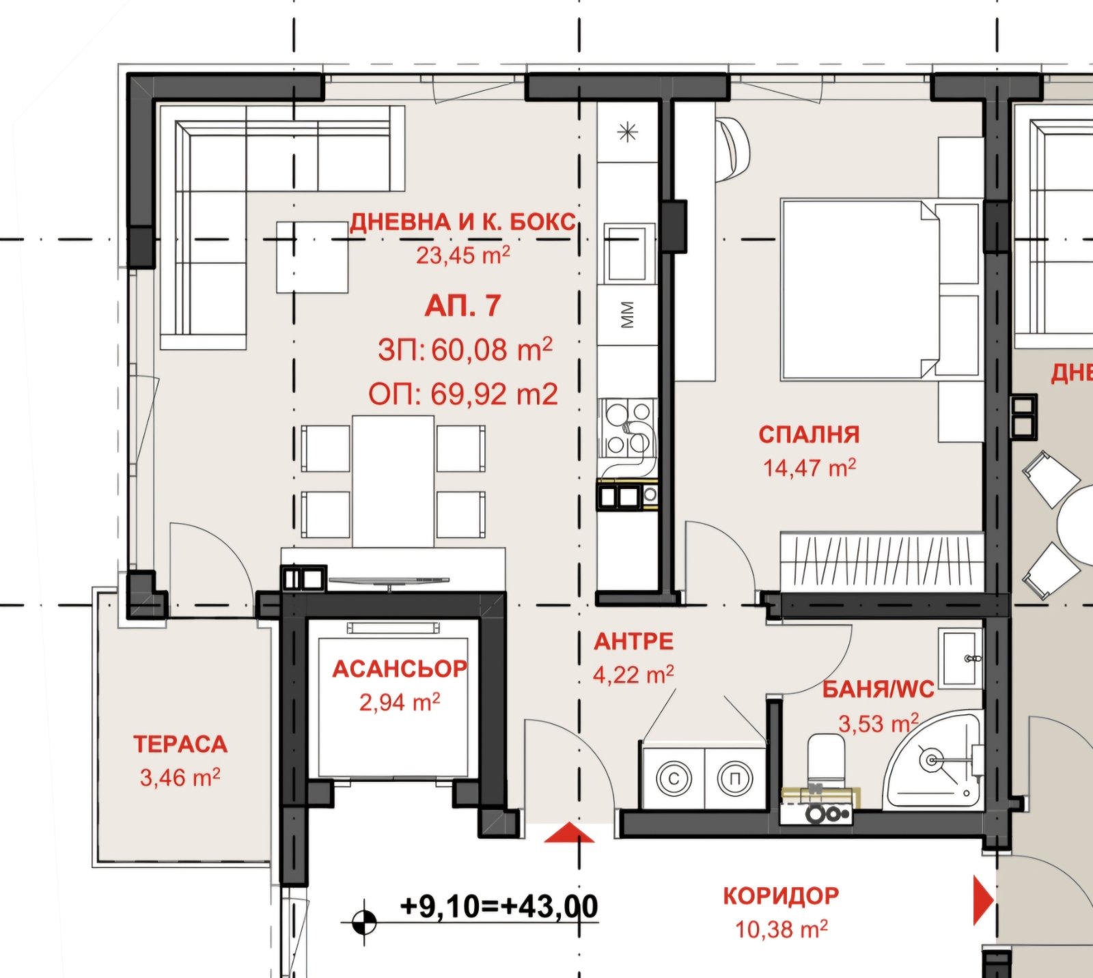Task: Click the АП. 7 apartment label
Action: click(462, 306)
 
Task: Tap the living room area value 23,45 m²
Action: click(463, 255)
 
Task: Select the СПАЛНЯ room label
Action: click(809, 434)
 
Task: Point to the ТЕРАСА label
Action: click(180, 744)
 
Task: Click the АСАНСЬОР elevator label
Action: click(400, 669)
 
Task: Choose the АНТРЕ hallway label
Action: click(634, 641)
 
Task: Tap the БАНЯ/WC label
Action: click(878, 690)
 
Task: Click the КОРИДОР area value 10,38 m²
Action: click(781, 929)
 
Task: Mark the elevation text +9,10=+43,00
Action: click(499, 906)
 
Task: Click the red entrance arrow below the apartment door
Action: click(570, 833)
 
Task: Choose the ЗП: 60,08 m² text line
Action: click(465, 350)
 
